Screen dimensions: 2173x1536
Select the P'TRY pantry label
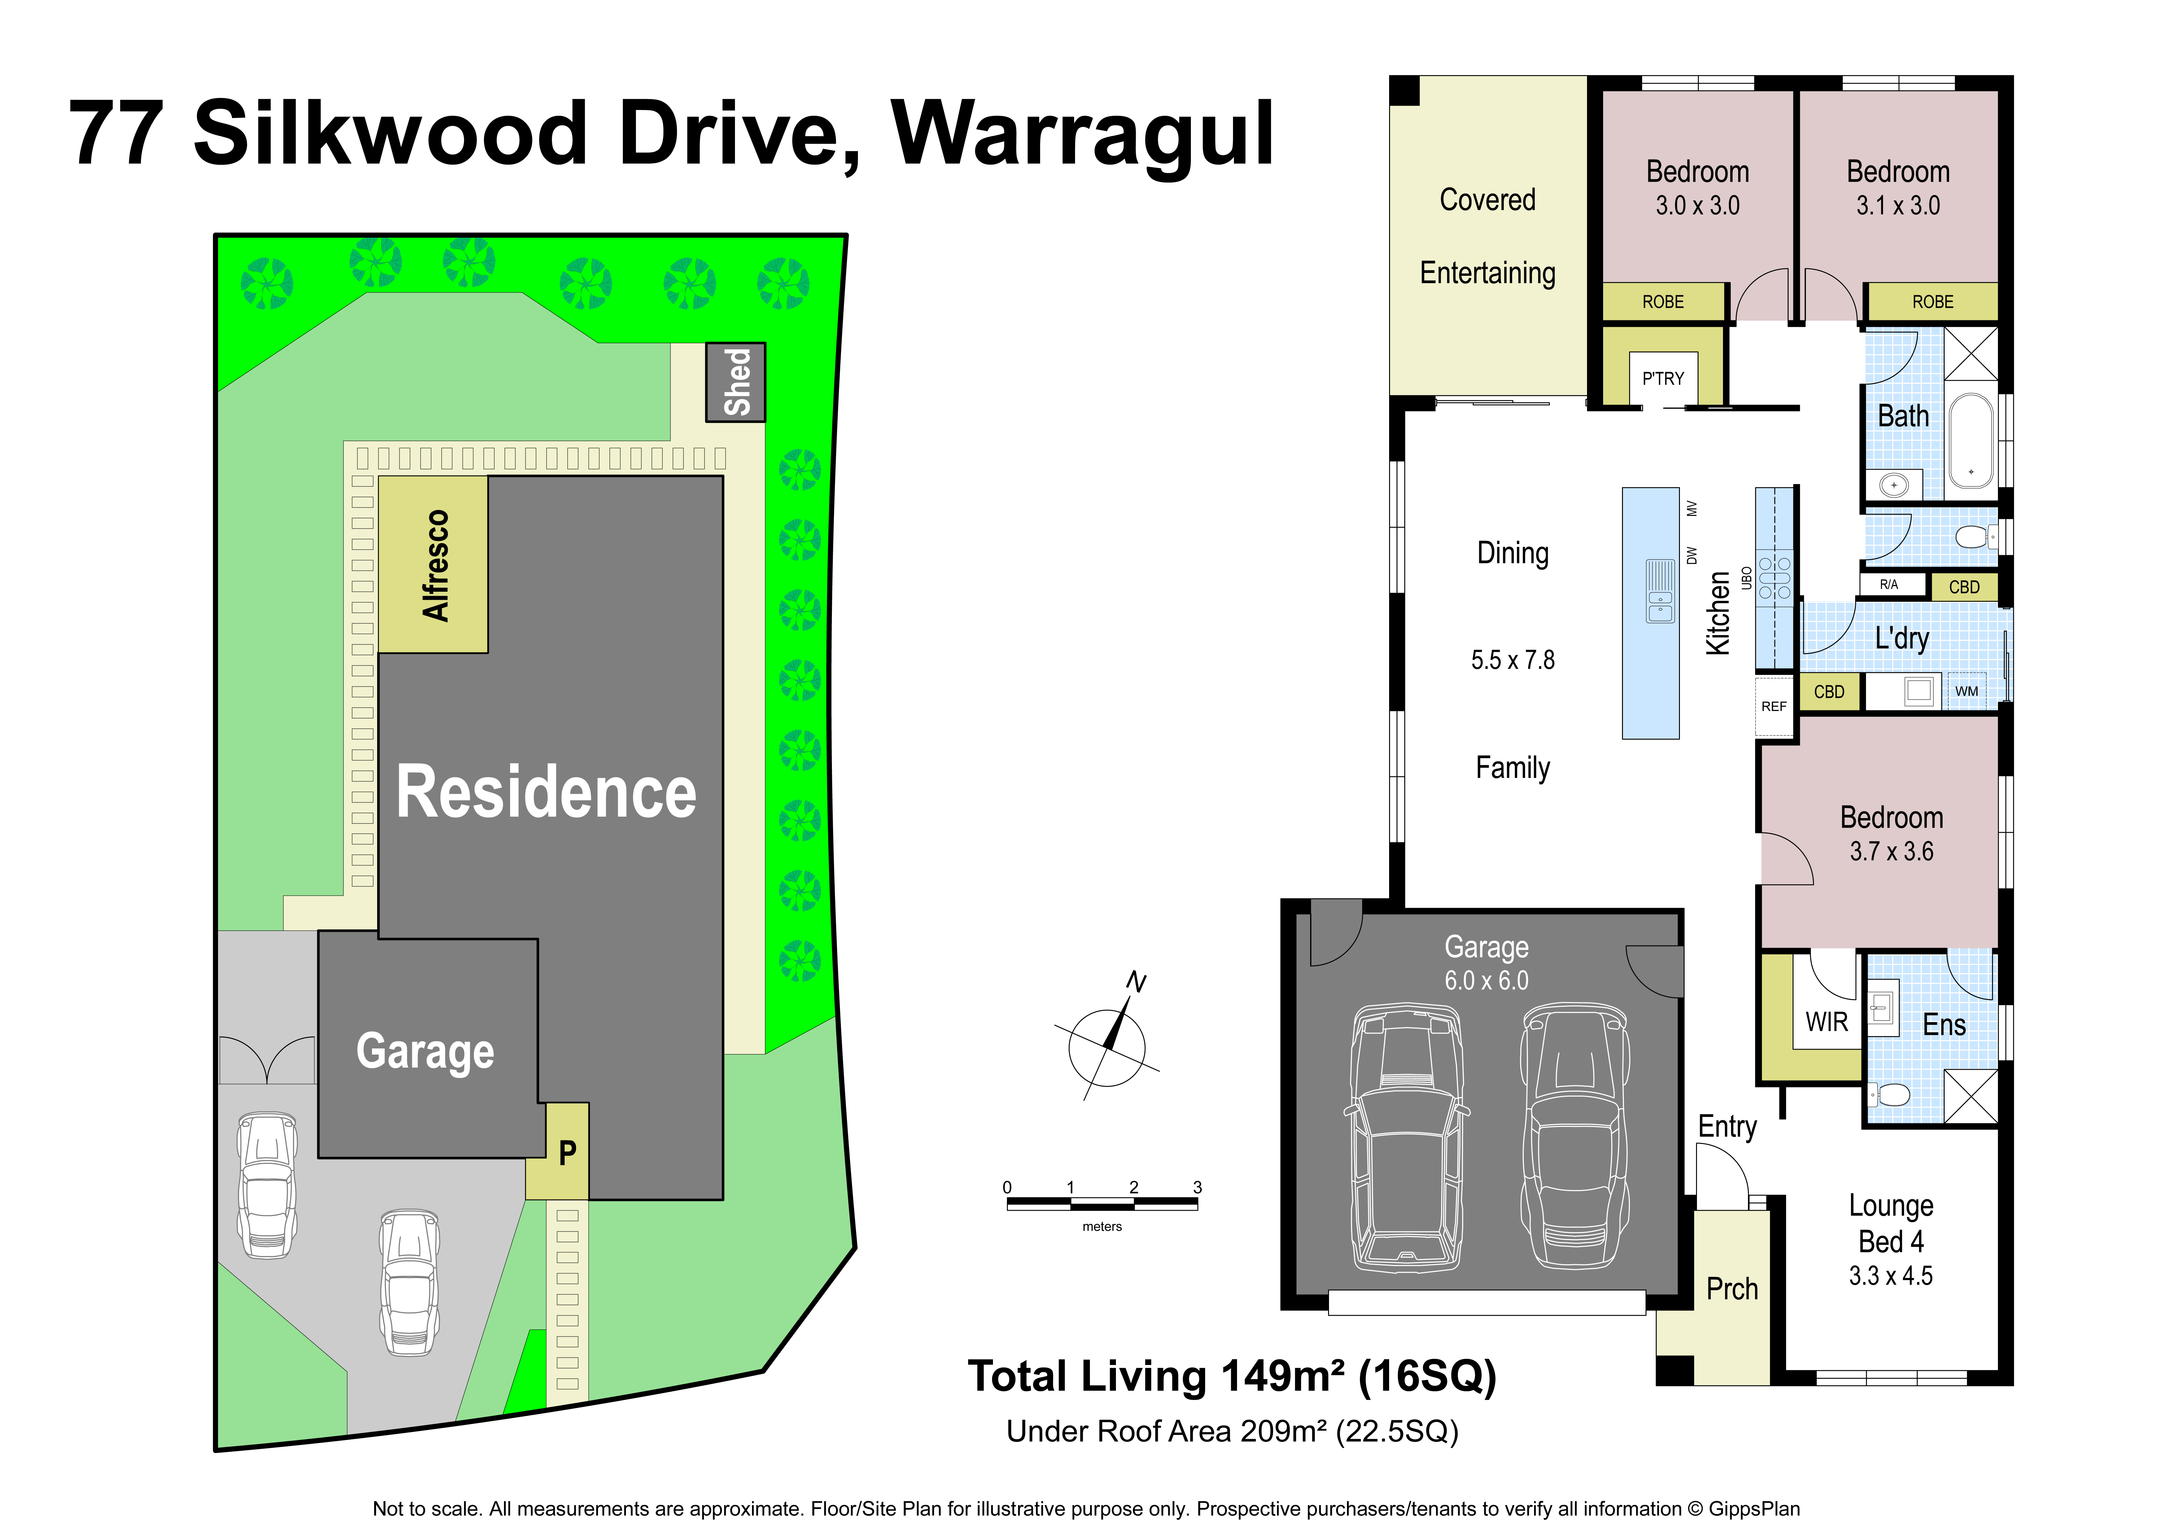tap(1663, 379)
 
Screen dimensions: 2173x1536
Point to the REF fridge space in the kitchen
tap(1773, 706)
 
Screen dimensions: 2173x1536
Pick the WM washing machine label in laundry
tap(1967, 691)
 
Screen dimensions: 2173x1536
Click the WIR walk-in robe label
tap(1827, 1022)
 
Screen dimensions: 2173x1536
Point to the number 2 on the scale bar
tap(1134, 1187)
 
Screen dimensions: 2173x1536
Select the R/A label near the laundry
tap(1889, 584)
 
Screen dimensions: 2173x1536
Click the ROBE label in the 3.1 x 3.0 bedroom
tap(1933, 302)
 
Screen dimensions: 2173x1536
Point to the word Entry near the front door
tap(1727, 1126)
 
